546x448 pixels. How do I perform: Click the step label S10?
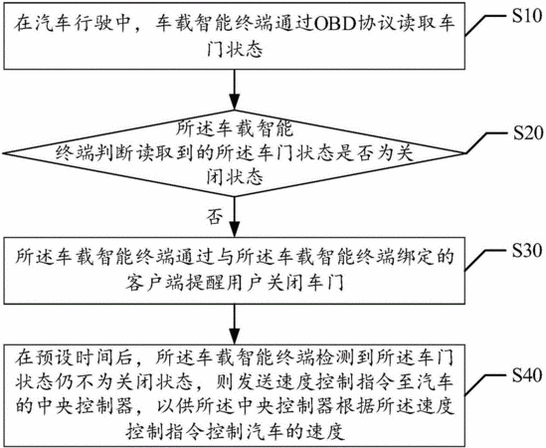tap(526, 15)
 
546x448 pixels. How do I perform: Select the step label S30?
tap(527, 250)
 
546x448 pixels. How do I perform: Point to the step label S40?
tap(527, 375)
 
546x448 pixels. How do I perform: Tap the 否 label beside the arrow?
tap(214, 217)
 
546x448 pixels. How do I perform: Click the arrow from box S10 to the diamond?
tap(235, 90)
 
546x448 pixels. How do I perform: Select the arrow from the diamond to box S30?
tap(235, 217)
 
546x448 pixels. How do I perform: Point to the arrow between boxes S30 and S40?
tap(235, 325)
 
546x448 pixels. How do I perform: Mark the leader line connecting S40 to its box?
tap(486, 384)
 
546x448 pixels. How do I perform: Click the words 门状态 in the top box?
tap(235, 50)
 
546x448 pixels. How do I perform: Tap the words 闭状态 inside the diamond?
tap(235, 177)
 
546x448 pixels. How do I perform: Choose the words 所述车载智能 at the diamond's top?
tap(235, 128)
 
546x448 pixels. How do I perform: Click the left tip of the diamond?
tap(2, 153)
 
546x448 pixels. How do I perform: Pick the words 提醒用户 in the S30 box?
tap(227, 284)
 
